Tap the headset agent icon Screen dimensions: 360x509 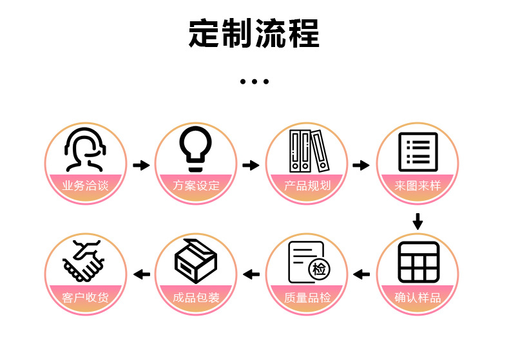pos(85,150)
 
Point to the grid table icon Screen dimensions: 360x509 pos(418,261)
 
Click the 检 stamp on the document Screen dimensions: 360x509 pos(319,269)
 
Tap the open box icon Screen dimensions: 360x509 pos(195,260)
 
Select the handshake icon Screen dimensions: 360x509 pos(84,260)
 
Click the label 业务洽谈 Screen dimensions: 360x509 pos(85,186)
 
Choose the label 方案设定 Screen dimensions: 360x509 pos(196,186)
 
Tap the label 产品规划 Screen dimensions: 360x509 pos(307,186)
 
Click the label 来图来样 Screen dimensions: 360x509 pos(418,186)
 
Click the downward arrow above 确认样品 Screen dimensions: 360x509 pos(418,221)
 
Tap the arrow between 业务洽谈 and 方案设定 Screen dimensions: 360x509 pos(140,166)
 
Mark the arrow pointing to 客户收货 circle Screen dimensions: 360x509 pos(141,275)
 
